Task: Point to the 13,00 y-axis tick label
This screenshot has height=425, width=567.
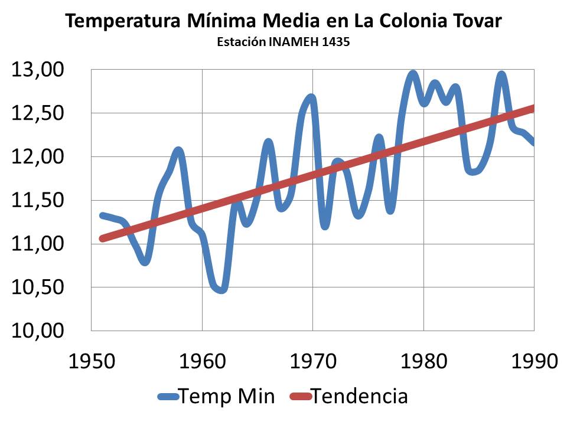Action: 37,70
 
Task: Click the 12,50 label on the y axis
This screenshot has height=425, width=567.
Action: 37,113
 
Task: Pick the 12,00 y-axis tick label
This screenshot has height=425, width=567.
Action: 37,157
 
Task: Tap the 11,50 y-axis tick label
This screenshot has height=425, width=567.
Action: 37,201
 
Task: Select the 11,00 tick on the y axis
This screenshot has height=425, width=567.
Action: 37,244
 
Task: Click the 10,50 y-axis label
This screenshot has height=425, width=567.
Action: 37,287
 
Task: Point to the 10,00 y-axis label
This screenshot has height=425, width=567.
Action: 37,331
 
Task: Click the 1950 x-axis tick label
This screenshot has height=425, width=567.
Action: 92,360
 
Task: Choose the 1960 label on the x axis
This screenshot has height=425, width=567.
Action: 202,360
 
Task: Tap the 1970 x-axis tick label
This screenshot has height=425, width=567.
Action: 313,360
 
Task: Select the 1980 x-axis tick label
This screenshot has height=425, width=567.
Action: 423,360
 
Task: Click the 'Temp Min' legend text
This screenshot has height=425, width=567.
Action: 227,396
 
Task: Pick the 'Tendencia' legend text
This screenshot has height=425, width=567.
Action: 359,396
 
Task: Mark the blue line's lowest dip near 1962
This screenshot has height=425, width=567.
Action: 221,289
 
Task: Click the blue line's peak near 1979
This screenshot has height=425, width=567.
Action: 413,74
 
